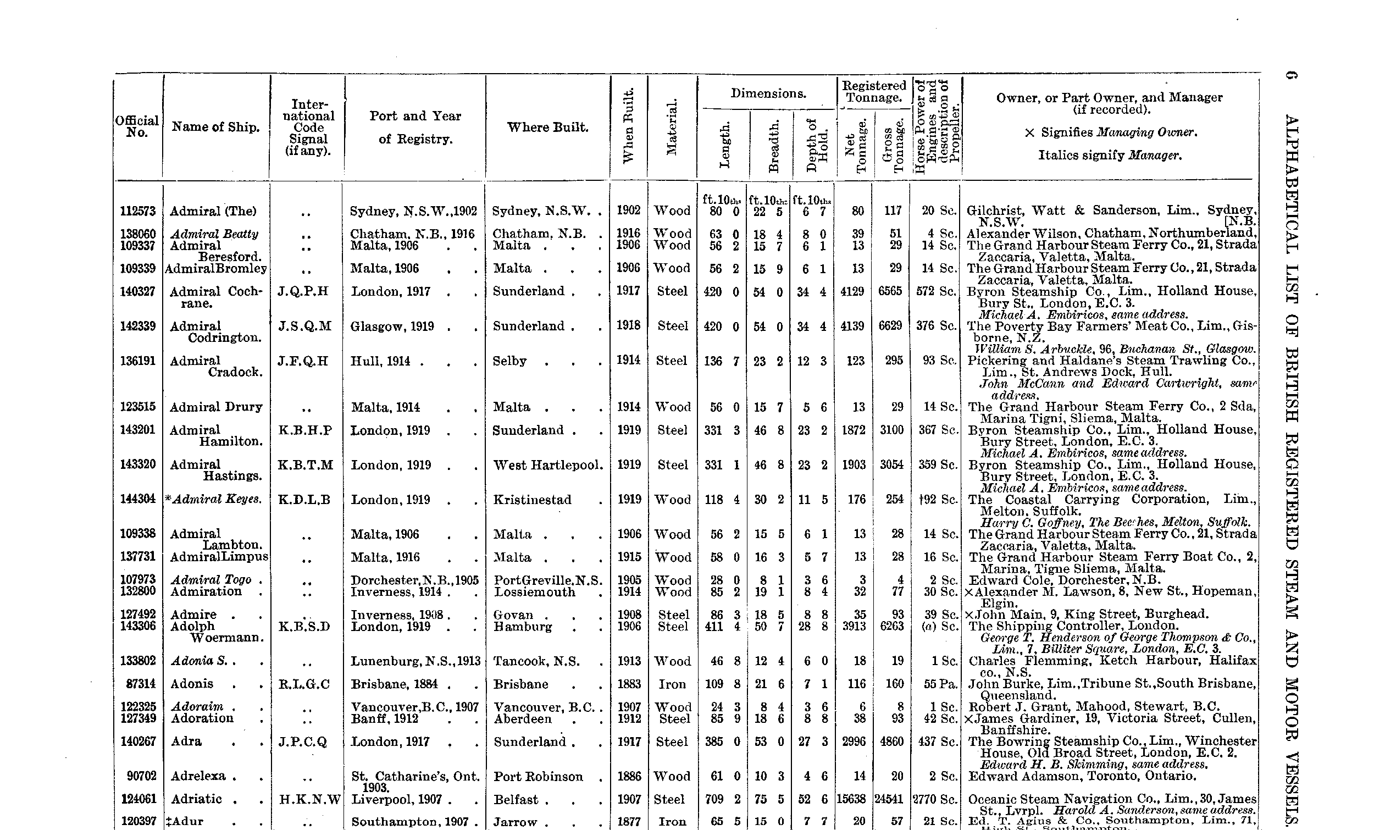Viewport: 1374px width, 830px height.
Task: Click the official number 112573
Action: pyautogui.click(x=138, y=211)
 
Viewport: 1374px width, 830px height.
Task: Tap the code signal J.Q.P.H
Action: pyautogui.click(x=303, y=291)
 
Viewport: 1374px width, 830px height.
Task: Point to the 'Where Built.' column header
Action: pyautogui.click(x=547, y=127)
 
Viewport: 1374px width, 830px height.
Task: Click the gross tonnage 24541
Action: pyautogui.click(x=888, y=799)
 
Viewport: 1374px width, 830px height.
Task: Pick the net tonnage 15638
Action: pyautogui.click(x=851, y=799)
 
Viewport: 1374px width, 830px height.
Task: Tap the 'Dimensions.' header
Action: pyautogui.click(x=768, y=93)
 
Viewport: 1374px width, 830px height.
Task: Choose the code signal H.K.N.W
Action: pyautogui.click(x=309, y=799)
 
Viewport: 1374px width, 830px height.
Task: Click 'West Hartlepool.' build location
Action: pyautogui.click(x=548, y=464)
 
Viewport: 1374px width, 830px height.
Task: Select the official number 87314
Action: pyautogui.click(x=140, y=684)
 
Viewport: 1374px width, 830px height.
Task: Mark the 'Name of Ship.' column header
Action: pyautogui.click(x=216, y=127)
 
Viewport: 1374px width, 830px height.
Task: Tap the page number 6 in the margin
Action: pyautogui.click(x=1293, y=75)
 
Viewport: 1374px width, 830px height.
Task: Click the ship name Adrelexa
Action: pyautogui.click(x=198, y=776)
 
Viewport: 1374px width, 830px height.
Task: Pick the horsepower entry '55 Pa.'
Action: pyautogui.click(x=940, y=684)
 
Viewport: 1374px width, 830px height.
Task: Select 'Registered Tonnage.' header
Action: pyautogui.click(x=874, y=91)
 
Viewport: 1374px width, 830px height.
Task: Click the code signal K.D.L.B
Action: pyautogui.click(x=304, y=500)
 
